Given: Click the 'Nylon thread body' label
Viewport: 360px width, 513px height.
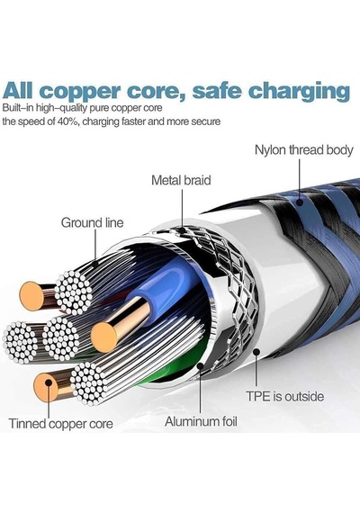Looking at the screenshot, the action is point(303,150).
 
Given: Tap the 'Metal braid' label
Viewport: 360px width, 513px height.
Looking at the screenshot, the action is point(181,180).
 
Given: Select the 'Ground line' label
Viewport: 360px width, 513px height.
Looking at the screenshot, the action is point(93,223).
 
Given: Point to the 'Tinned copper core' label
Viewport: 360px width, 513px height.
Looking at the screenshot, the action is point(61,424).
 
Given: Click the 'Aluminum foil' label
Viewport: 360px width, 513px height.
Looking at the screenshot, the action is point(201,421).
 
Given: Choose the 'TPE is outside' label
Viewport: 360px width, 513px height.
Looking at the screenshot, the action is point(285,397).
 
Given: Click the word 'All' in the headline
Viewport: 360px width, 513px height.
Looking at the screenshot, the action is point(18,90).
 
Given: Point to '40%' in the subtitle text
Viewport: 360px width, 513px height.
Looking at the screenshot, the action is point(67,121).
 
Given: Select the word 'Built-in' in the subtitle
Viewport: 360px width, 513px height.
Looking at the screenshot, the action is point(19,108).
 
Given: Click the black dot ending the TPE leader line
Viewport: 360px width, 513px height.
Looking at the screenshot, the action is point(256,352).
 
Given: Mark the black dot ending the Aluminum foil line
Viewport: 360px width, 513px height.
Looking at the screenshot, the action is point(200,366).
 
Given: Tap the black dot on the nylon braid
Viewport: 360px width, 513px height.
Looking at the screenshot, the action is point(299,202).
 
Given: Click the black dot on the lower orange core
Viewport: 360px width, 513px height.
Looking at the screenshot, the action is point(49,382).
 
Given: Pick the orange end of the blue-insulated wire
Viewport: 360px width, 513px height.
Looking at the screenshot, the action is point(103,337).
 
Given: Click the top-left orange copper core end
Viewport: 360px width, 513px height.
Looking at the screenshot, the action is point(31,296).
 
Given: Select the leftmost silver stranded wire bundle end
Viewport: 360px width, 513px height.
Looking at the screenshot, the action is point(21,343).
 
